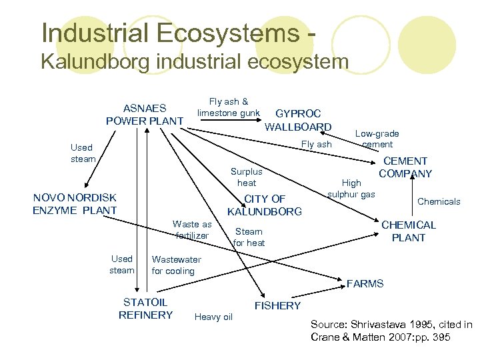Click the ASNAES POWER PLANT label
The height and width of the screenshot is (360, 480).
pos(145,114)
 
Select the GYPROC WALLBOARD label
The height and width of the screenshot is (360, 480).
pos(298,120)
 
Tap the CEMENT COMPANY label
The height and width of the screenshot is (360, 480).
pos(405,167)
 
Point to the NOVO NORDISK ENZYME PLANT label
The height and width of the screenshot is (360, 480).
pos(75,204)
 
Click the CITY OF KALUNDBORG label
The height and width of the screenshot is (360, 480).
pos(265,205)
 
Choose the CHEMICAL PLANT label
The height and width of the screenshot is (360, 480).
pos(408,231)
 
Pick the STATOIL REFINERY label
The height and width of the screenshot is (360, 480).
pos(145,309)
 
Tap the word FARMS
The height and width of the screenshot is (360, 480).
pos(365,284)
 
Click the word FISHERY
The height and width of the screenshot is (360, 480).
pos(278,305)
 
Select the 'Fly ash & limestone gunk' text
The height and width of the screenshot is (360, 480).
pos(228,107)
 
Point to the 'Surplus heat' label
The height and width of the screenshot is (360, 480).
pos(246,177)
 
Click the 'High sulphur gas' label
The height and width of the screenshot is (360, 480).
pos(351,188)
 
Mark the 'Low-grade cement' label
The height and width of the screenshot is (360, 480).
pos(377,139)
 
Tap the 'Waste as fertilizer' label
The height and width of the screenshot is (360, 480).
pos(191,230)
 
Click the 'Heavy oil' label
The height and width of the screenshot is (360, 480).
pos(213,317)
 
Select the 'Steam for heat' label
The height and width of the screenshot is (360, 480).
pos(249,237)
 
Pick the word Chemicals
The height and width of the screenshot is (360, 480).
pos(439,201)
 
